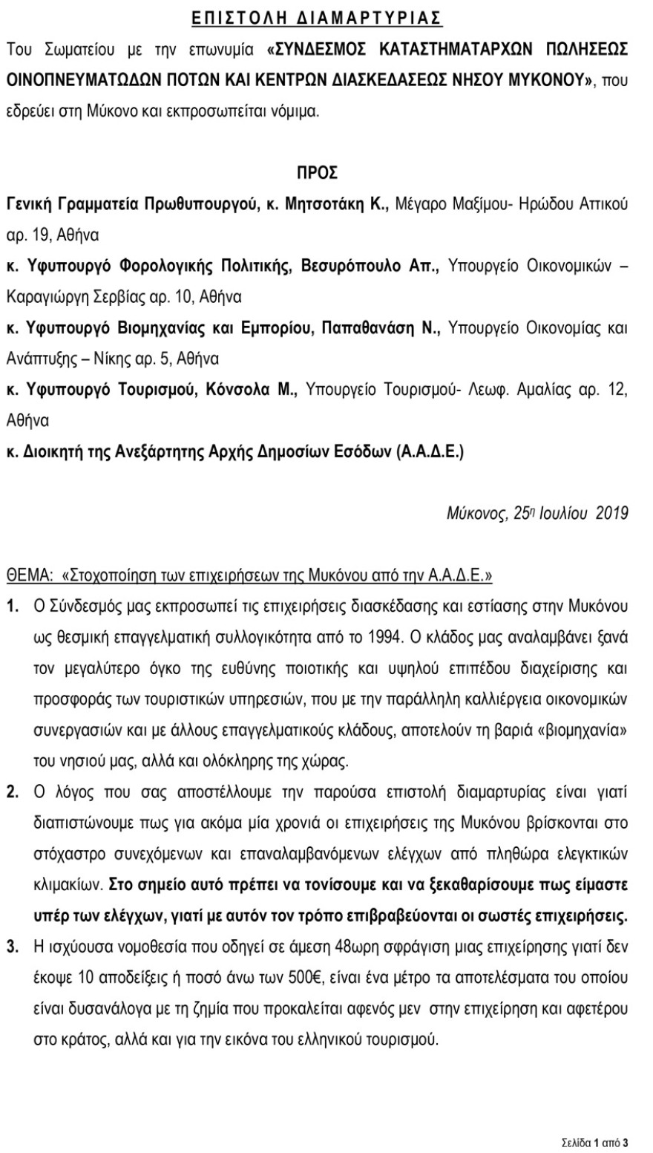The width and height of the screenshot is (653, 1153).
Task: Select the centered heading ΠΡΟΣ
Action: pyautogui.click(x=317, y=174)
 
